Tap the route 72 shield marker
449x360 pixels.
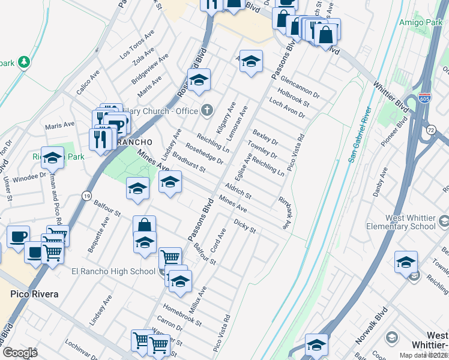coord(431,129)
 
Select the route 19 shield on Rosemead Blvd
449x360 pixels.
coord(86,196)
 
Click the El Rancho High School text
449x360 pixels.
coord(113,271)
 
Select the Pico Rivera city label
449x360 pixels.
coord(34,294)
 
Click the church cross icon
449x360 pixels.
coord(207,110)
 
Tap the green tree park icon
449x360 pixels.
coord(24,62)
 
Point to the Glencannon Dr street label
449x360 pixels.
coord(300,88)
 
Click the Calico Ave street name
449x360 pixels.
coord(88,83)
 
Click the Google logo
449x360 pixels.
coord(20,353)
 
